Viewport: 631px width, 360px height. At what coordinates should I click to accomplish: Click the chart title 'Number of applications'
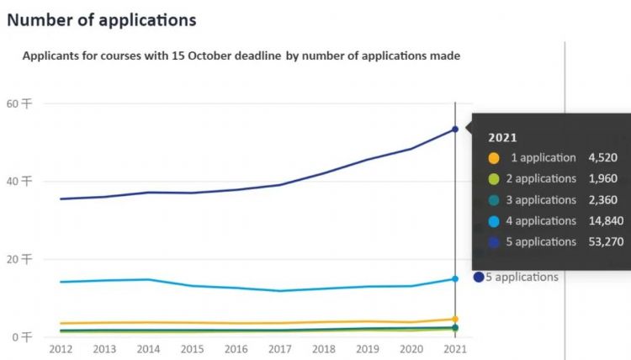(101, 19)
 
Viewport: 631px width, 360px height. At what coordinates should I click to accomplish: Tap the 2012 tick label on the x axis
(61, 348)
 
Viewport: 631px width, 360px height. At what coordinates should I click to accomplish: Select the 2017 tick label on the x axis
(279, 348)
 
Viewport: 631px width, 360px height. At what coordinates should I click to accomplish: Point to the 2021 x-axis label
(455, 348)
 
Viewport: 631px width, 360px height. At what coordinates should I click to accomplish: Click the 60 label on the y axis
(19, 103)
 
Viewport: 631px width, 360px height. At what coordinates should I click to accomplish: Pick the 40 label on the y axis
(19, 181)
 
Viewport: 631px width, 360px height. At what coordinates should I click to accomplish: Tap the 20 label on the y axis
(19, 259)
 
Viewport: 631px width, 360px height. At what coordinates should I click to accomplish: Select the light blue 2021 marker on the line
(455, 278)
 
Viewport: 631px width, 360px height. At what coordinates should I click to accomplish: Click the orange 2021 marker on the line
(455, 319)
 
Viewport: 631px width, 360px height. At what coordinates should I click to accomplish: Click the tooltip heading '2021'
(502, 137)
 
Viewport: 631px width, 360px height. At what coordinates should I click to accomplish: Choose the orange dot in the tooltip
(493, 158)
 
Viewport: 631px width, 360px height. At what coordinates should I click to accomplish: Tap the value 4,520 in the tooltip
(602, 158)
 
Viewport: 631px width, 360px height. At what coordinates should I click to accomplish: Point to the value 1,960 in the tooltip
(602, 179)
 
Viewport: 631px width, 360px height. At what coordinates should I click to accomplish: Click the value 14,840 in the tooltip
(598, 221)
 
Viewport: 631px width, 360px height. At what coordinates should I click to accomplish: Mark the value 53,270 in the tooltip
(598, 242)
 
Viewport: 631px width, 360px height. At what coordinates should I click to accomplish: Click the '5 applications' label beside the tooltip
(522, 277)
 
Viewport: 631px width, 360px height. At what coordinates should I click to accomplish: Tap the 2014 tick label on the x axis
(148, 348)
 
